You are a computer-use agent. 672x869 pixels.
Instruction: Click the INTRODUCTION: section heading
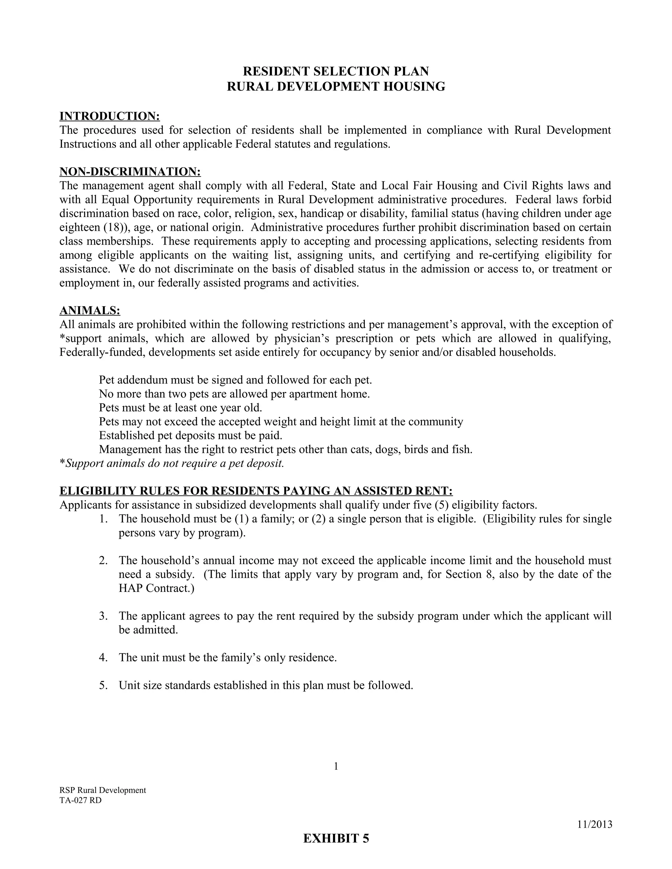[x=110, y=116]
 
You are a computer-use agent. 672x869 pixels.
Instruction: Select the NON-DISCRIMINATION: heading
[x=130, y=172]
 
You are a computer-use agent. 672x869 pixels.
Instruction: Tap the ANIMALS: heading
[x=90, y=310]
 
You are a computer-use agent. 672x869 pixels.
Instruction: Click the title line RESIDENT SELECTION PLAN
[x=336, y=71]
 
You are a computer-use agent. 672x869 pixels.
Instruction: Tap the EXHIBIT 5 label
[x=336, y=839]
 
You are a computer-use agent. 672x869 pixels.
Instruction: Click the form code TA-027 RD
[x=80, y=800]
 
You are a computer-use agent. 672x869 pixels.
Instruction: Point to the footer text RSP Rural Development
[x=103, y=790]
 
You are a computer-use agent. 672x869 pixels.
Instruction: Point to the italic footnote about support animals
[x=172, y=464]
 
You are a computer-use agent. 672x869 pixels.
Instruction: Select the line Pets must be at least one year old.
[x=180, y=408]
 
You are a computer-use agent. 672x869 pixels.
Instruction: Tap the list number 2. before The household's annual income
[x=103, y=561]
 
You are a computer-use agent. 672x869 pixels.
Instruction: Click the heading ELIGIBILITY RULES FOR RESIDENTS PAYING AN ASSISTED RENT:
[x=256, y=491]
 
